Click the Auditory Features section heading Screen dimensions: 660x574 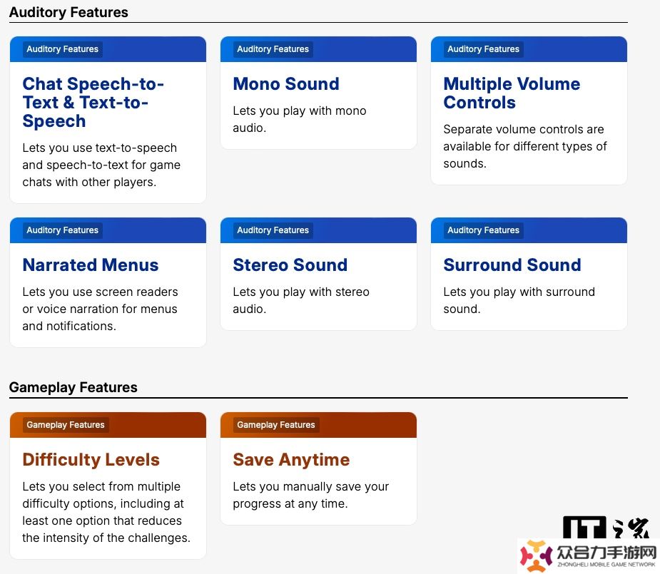68,12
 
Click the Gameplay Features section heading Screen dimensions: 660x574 73,387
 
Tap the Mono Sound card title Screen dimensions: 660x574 286,83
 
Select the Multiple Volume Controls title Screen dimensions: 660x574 512,93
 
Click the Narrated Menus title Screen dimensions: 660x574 91,265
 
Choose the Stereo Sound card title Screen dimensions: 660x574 290,265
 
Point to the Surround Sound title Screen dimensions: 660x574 512,265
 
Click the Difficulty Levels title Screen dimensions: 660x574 91,460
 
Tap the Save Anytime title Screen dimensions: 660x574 291,460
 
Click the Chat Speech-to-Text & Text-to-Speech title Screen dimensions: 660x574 93,102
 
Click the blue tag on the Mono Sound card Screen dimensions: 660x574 273,49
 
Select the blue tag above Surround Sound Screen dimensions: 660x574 483,230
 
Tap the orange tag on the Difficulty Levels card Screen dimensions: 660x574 66,425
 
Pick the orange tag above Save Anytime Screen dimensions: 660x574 276,425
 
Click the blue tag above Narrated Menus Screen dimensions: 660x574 62,230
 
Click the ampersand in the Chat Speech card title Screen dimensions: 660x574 68,103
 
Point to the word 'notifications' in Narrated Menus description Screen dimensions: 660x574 81,327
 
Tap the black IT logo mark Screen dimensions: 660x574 584,527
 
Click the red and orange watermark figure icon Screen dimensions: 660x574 535,556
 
